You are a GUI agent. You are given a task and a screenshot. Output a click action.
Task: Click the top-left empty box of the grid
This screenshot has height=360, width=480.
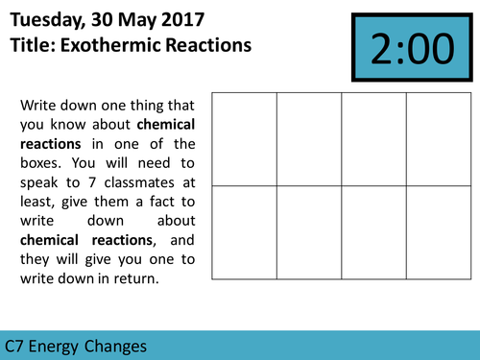(x=244, y=138)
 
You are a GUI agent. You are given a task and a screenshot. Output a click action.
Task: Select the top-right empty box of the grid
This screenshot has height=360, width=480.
(x=439, y=138)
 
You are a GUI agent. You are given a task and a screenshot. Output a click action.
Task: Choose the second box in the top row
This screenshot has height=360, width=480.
(x=309, y=138)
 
